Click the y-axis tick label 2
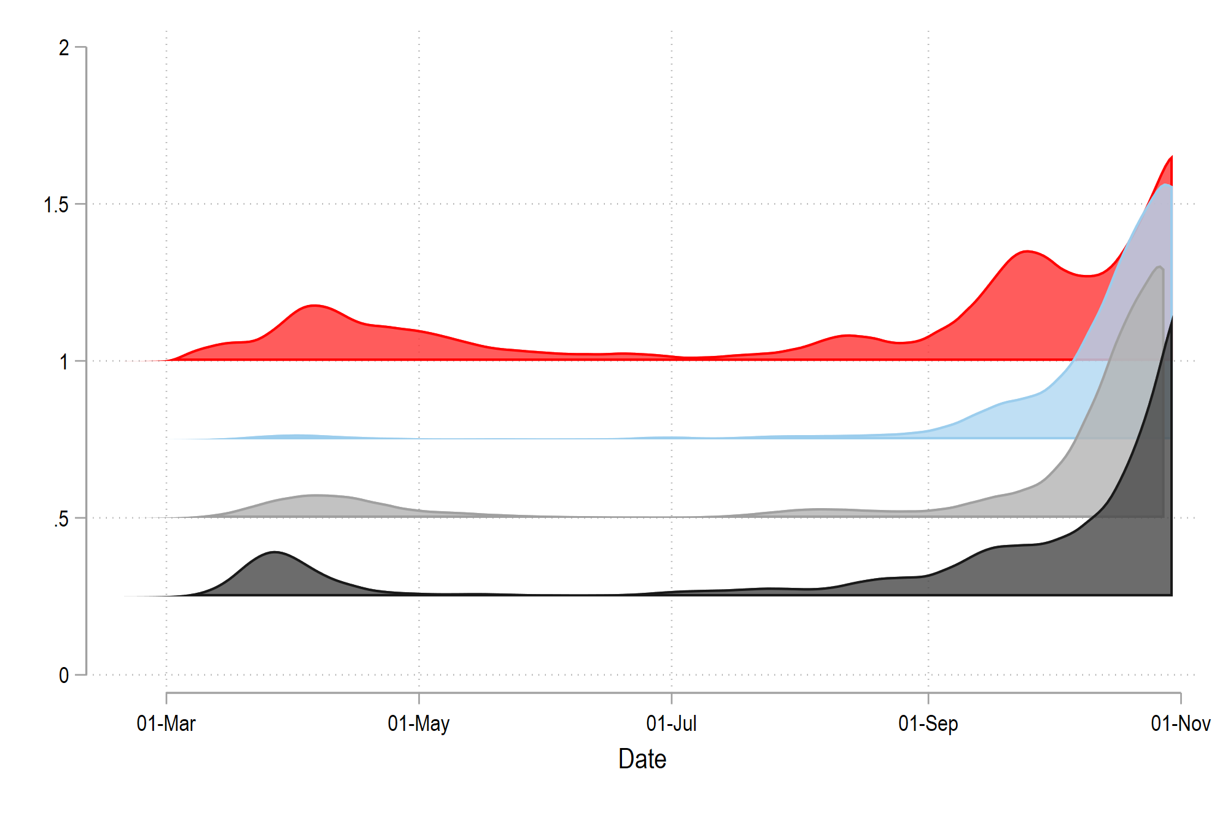click(x=64, y=48)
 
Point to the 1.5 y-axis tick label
click(x=56, y=205)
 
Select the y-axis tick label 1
click(x=64, y=362)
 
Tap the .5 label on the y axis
click(x=61, y=519)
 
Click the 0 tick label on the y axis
click(x=64, y=676)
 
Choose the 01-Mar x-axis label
click(x=166, y=723)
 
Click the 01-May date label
click(x=419, y=723)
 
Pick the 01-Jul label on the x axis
click(x=671, y=723)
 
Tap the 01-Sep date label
click(x=928, y=723)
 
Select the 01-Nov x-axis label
click(x=1180, y=723)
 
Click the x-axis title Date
click(x=642, y=759)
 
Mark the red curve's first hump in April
click(x=314, y=305)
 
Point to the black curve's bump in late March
click(x=274, y=552)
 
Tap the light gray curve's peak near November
click(x=1159, y=267)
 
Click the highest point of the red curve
click(x=1172, y=157)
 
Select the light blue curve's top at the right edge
click(x=1165, y=185)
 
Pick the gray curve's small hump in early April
click(x=314, y=495)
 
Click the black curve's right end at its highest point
click(x=1172, y=317)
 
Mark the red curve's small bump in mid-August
click(x=847, y=335)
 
